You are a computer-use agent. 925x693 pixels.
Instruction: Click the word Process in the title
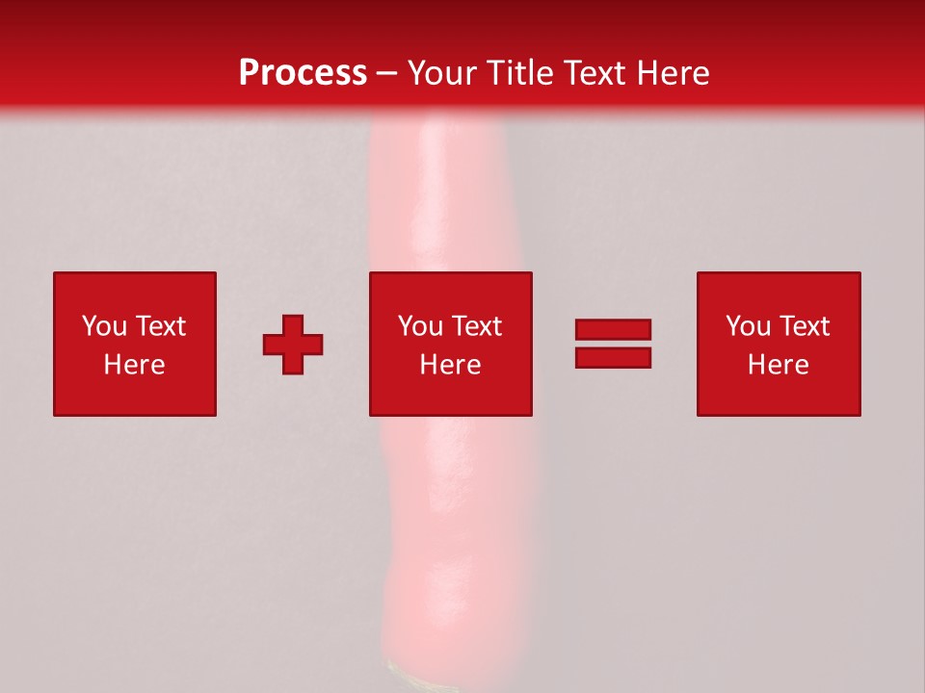(303, 73)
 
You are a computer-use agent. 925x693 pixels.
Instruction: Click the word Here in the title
(673, 73)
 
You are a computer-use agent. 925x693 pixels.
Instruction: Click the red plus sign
(293, 345)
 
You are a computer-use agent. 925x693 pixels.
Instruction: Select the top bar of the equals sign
(613, 329)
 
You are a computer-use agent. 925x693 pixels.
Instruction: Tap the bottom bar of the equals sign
(613, 358)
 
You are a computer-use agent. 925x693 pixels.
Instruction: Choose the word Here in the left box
(134, 365)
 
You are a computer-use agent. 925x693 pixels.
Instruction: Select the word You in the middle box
(421, 326)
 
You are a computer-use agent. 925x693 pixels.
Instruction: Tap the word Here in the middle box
(450, 365)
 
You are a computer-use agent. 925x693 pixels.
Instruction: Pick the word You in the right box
(749, 326)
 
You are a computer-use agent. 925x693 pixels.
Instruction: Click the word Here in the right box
(778, 365)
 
